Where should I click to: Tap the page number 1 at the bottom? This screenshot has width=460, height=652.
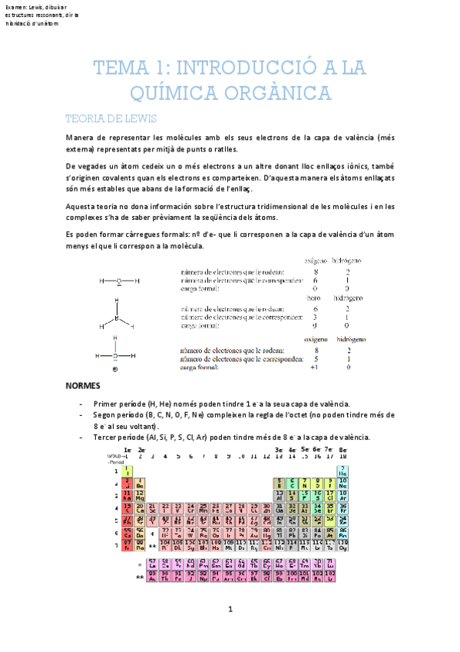[230, 631]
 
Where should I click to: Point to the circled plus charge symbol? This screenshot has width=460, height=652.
[114, 369]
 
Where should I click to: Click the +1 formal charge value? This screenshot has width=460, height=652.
[313, 367]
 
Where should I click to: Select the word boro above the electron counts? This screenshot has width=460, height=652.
[313, 298]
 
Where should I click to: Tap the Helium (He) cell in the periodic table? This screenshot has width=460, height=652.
[343, 471]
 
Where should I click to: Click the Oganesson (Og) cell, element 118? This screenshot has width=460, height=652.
[343, 547]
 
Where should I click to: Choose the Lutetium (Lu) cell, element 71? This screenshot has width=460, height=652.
[331, 564]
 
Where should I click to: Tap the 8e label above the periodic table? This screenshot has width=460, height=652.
[343, 449]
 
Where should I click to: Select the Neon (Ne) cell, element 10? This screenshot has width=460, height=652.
[343, 484]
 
